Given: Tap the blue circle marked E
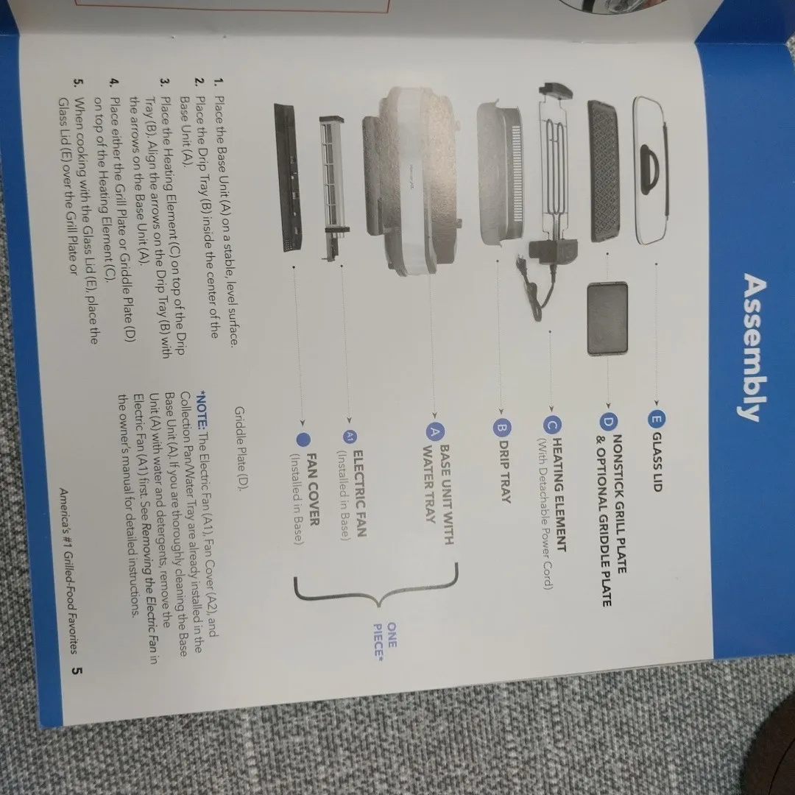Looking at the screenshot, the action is click(656, 420).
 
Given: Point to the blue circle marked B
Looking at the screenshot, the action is click(501, 428).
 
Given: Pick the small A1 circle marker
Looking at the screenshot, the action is click(350, 437).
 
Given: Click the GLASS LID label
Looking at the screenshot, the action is click(656, 462).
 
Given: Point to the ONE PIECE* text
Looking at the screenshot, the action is click(385, 640).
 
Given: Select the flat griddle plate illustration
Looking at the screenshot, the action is click(607, 319).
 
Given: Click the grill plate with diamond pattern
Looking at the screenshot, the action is click(604, 171).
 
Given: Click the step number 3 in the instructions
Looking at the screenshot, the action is click(165, 82).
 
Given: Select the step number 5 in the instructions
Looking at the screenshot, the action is click(79, 82).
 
